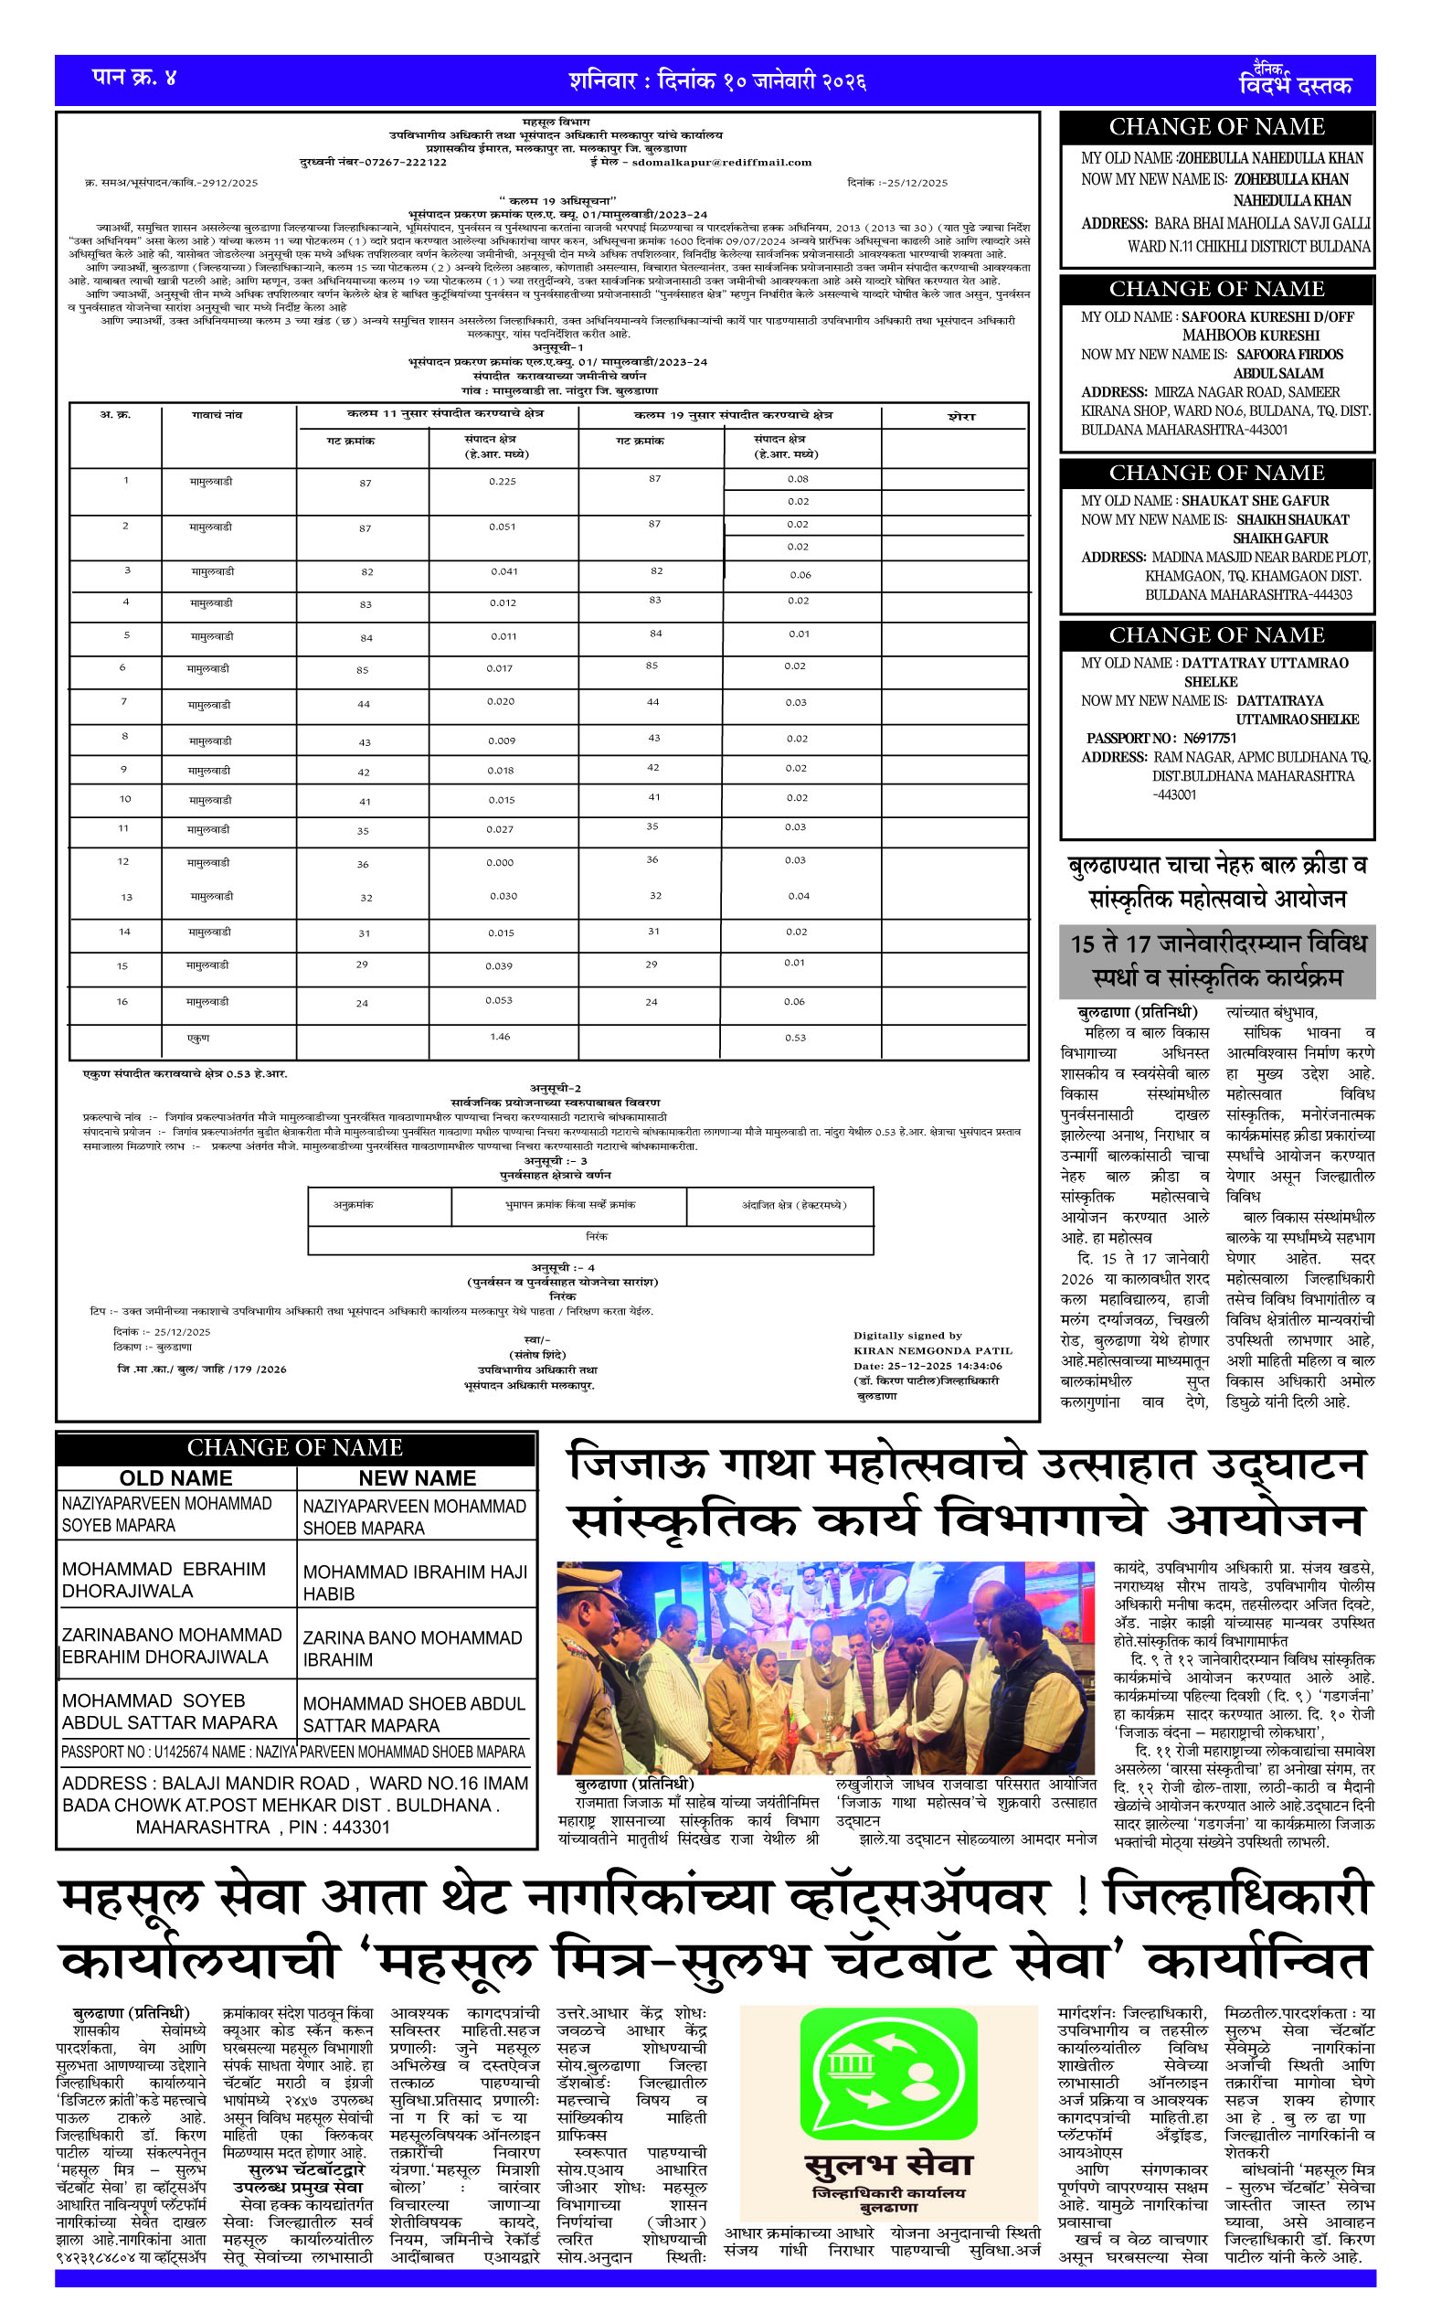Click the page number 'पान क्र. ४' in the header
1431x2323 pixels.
tap(133, 78)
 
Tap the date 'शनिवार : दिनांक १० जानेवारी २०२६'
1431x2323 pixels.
tap(716, 81)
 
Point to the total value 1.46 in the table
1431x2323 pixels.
tap(500, 1037)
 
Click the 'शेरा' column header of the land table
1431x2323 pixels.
tap(960, 417)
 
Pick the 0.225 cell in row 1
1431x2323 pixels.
tap(503, 482)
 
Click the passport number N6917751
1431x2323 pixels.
tap(1210, 739)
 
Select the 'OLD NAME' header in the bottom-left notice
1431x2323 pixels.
tap(176, 1477)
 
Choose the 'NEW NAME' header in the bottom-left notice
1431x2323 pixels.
tap(418, 1477)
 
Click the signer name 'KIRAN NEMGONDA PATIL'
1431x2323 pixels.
tap(932, 1351)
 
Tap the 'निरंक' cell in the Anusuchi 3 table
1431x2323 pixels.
tap(596, 1236)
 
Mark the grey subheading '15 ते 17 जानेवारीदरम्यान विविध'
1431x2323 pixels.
tap(1218, 943)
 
